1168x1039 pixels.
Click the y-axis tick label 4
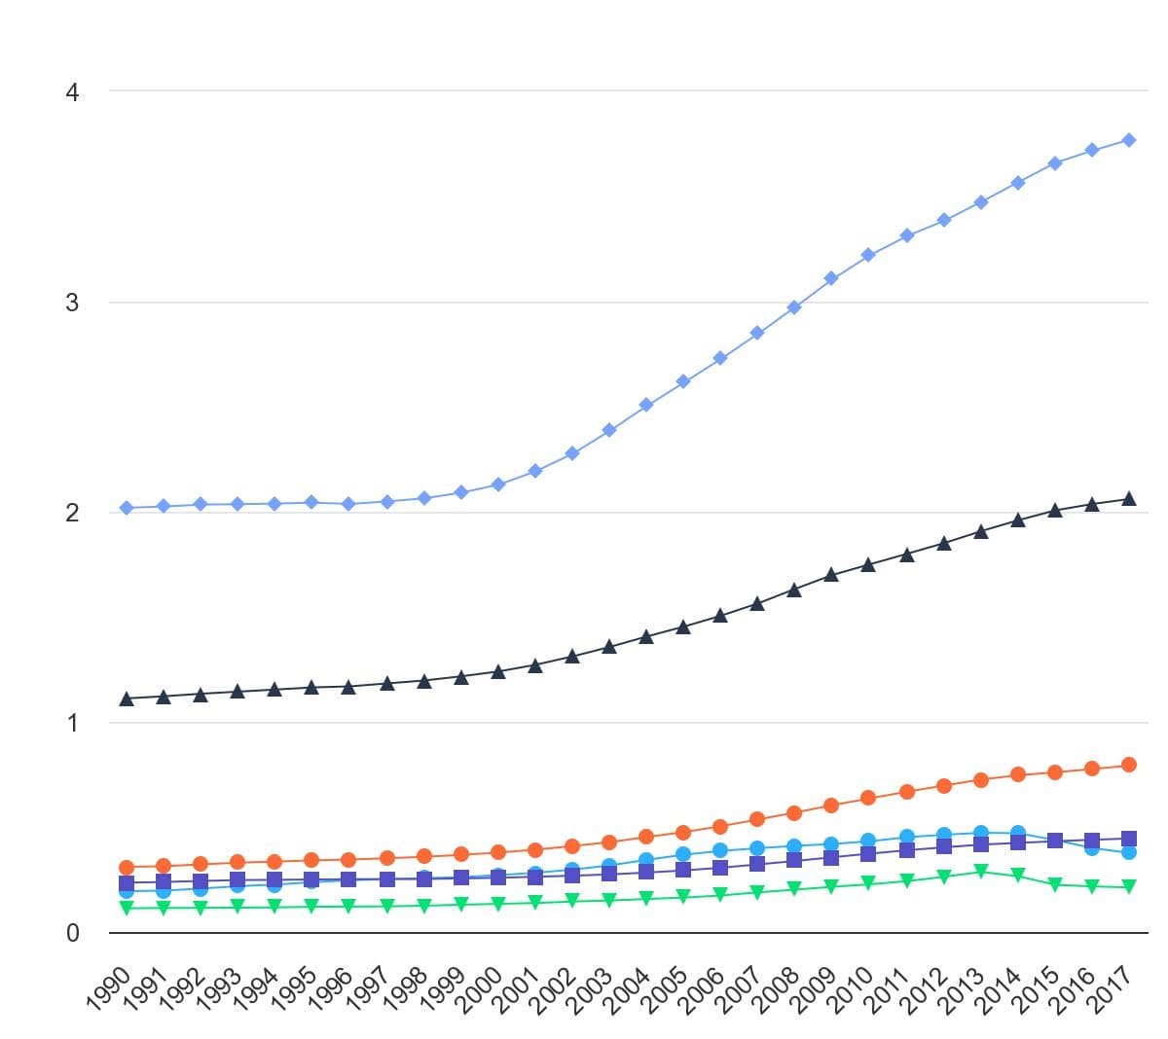[x=72, y=92]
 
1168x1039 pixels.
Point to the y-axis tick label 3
[x=72, y=302]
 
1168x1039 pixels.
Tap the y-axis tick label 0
[x=72, y=933]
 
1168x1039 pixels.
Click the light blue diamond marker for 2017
[x=1128, y=140]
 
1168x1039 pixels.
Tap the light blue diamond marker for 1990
[x=127, y=508]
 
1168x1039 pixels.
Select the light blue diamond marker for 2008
[x=794, y=307]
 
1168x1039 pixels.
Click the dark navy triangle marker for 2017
[x=1128, y=498]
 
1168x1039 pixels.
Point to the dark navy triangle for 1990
[x=127, y=699]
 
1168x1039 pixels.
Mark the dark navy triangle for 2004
[x=645, y=636]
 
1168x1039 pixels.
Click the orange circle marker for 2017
[x=1128, y=765]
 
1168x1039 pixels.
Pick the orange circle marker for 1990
[x=127, y=867]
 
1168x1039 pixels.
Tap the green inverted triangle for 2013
[x=980, y=871]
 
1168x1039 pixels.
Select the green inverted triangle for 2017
[x=1128, y=886]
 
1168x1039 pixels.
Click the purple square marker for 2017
[x=1128, y=839]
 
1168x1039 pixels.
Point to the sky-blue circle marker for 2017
[x=1128, y=852]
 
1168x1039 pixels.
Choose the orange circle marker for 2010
[x=867, y=798]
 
